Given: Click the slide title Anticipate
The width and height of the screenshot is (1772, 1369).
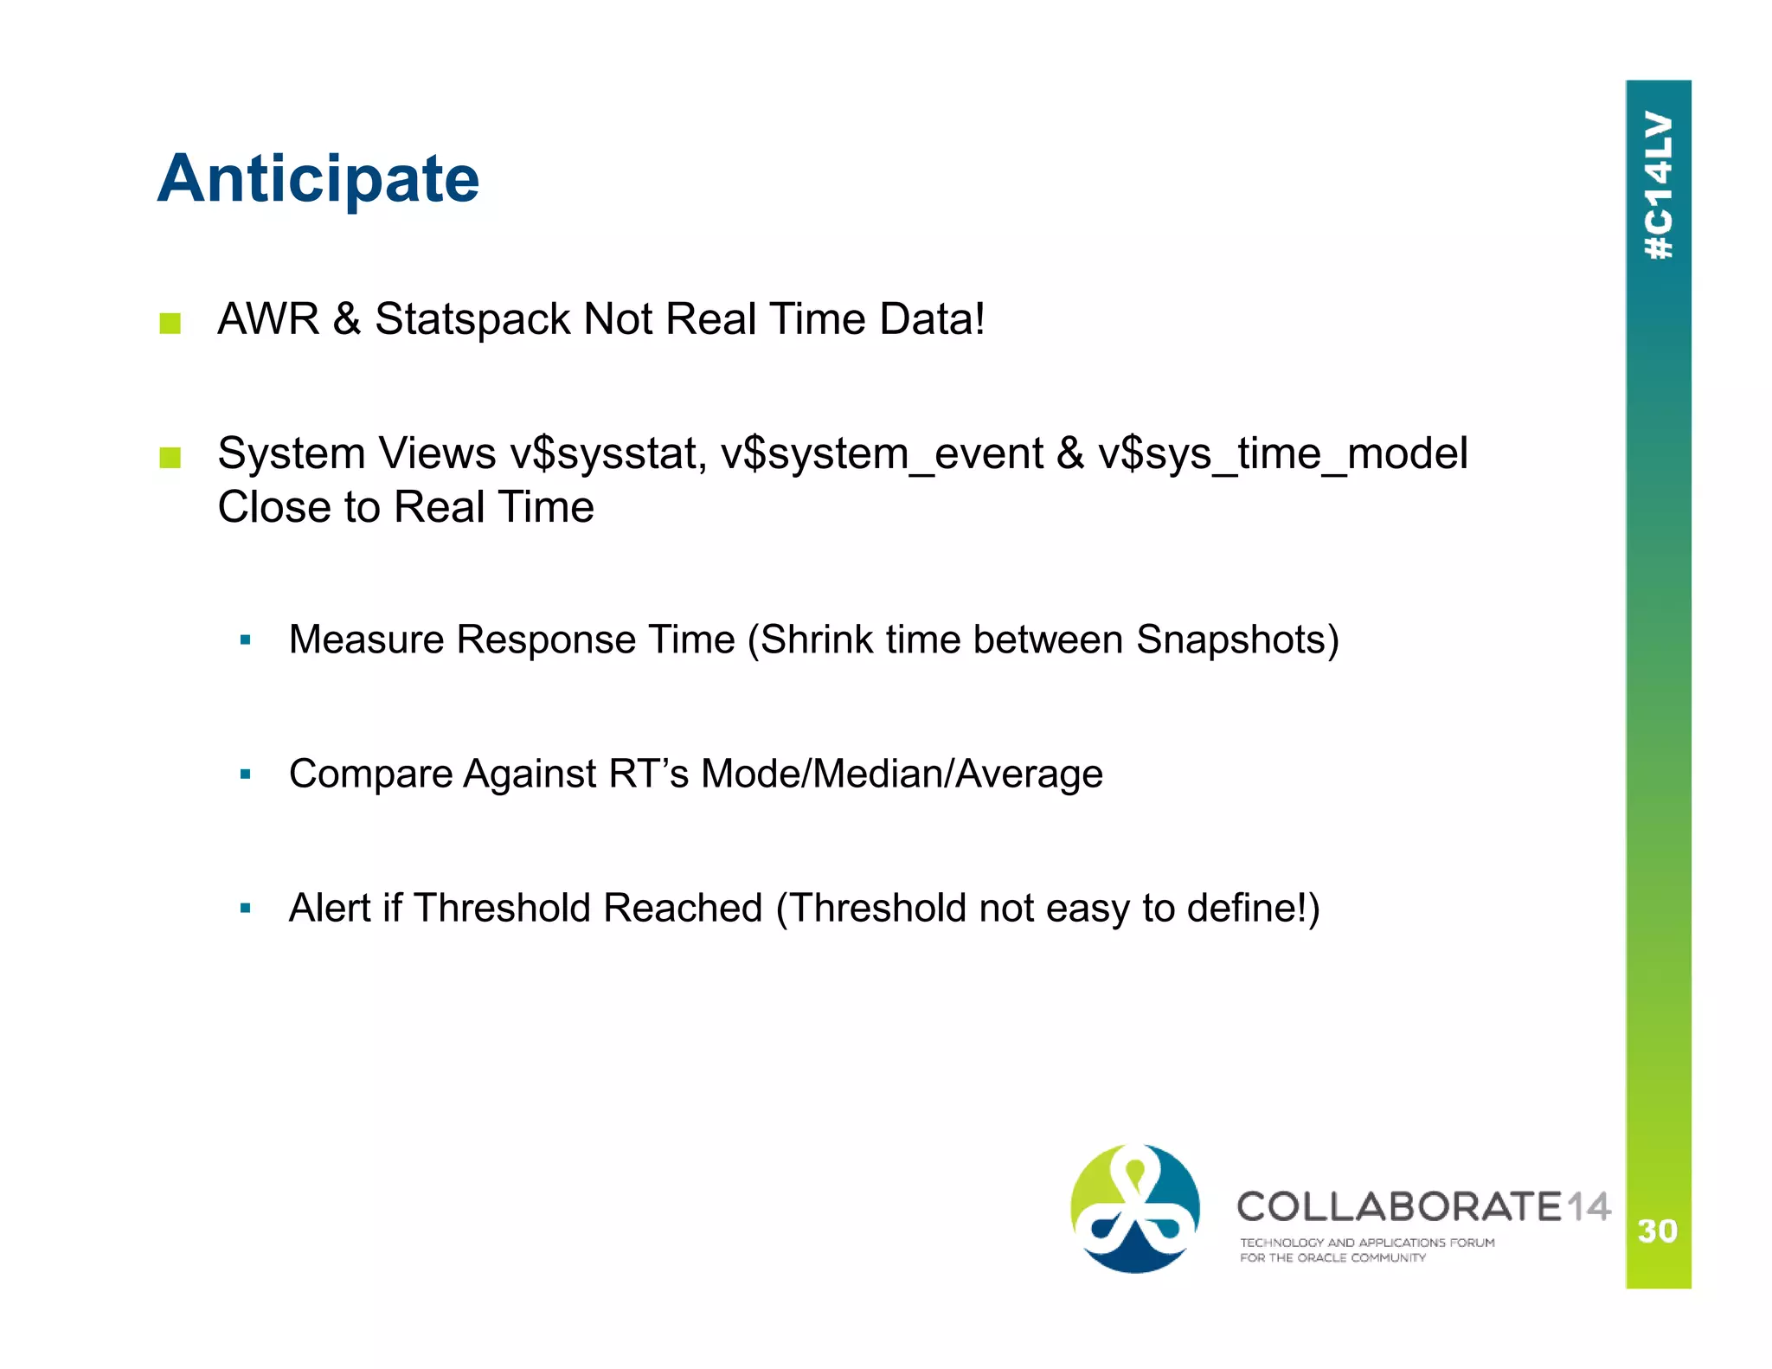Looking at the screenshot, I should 318,179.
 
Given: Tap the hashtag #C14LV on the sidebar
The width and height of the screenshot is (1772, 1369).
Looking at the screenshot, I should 1659,185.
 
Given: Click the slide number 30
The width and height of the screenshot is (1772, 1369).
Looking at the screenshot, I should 1657,1231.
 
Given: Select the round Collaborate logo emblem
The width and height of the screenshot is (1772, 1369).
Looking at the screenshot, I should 1134,1208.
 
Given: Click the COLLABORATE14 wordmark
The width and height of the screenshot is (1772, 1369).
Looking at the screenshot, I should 1423,1206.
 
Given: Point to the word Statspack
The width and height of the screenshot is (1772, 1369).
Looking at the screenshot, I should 472,319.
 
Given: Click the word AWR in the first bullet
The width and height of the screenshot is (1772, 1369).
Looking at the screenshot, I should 268,318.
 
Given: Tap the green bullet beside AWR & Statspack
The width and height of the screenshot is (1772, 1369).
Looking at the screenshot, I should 170,324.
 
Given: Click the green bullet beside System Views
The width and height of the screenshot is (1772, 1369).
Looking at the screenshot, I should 170,458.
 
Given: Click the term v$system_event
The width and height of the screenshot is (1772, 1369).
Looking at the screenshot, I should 882,454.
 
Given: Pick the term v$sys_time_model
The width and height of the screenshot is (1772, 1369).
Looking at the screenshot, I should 1282,454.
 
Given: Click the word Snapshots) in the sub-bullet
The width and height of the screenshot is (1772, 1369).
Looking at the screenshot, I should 1237,640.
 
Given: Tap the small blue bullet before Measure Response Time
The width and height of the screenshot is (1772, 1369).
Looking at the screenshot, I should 246,640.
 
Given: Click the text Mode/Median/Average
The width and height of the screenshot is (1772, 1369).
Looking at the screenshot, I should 902,774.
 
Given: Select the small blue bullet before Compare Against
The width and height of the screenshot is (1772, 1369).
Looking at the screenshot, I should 246,774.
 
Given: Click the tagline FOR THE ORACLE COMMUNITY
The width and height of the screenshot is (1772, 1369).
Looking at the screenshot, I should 1332,1257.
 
